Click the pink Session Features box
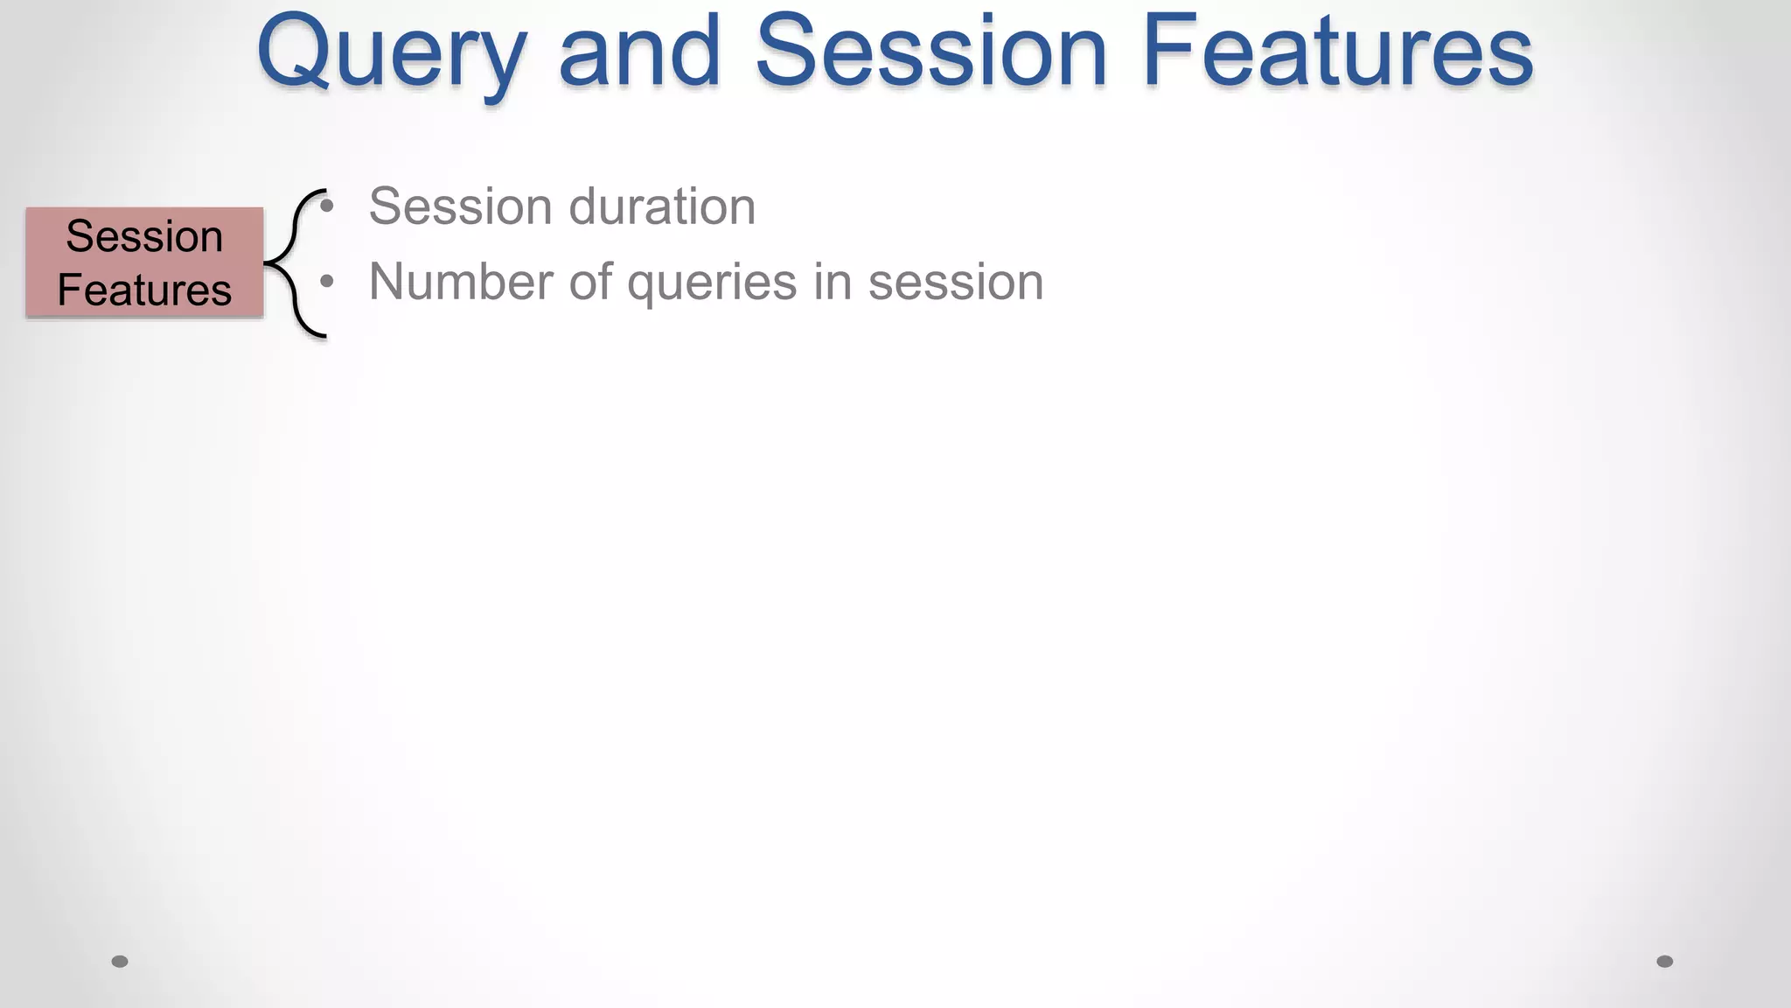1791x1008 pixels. click(144, 262)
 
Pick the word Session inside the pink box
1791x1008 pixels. click(144, 236)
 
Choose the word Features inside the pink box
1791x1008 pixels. click(144, 290)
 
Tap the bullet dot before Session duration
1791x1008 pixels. click(327, 207)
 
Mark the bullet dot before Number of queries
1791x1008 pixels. click(327, 282)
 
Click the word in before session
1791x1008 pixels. click(826, 282)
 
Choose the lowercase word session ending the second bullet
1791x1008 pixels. click(956, 282)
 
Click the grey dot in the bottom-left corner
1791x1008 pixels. click(120, 962)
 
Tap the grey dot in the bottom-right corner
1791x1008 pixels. click(1665, 962)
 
